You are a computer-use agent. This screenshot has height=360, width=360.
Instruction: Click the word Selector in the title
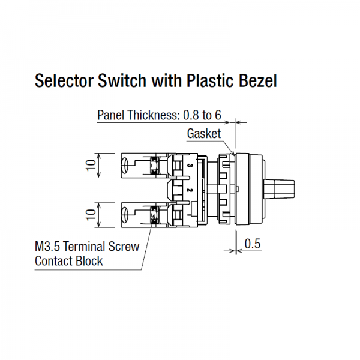[64, 81]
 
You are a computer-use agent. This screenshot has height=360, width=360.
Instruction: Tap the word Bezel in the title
[258, 81]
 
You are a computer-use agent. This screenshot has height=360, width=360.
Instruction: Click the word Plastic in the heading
[211, 81]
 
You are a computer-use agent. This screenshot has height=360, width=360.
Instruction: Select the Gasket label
[204, 133]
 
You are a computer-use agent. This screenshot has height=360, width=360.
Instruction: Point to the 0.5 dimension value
[253, 244]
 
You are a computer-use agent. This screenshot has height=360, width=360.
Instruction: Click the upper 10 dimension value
[91, 166]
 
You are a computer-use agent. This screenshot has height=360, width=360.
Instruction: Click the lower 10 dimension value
[91, 215]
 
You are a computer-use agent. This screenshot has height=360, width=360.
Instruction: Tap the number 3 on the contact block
[190, 166]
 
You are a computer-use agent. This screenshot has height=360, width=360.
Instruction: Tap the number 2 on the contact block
[190, 190]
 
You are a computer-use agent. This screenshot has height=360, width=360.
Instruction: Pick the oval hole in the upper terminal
[125, 166]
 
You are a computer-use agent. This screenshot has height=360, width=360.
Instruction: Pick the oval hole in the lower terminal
[125, 215]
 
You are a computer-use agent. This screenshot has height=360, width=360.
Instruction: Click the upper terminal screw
[154, 166]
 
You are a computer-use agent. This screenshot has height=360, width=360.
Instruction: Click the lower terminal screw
[154, 215]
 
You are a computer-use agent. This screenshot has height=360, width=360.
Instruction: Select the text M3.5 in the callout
[47, 247]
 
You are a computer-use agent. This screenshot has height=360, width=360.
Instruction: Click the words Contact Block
[68, 261]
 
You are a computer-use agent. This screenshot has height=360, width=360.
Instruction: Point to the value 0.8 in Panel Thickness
[191, 115]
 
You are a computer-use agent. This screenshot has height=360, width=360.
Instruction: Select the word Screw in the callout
[124, 247]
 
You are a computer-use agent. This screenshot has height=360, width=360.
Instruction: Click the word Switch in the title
[122, 81]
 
